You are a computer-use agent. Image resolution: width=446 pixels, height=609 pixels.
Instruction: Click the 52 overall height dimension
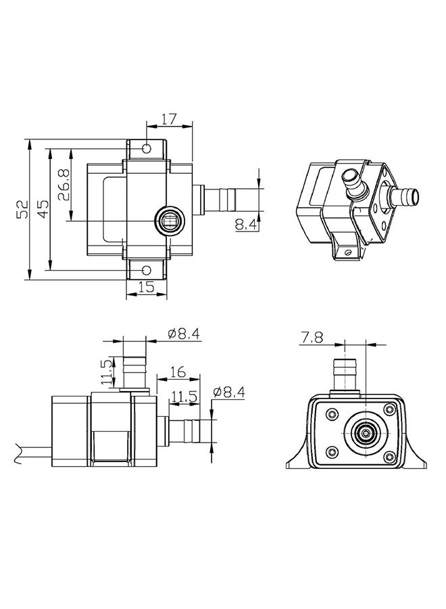point(22,209)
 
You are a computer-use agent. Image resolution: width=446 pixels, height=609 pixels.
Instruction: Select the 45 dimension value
point(43,209)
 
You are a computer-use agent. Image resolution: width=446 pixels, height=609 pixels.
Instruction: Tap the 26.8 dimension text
point(64,185)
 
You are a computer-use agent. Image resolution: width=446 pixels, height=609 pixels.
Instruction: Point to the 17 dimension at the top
point(169,119)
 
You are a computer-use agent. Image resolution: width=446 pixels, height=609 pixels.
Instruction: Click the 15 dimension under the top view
point(147,287)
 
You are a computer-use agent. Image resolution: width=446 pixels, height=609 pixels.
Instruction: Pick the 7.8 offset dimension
point(311,338)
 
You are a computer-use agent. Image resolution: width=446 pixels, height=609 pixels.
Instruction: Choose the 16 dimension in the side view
point(178,372)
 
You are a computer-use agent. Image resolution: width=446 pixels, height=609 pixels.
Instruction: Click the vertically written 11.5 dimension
point(107,371)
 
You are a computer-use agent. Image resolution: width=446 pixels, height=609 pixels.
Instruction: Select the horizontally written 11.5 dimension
point(184,397)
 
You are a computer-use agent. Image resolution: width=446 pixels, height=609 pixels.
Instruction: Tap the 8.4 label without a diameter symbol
point(246,225)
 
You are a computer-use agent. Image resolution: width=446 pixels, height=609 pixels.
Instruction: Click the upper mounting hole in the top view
point(147,148)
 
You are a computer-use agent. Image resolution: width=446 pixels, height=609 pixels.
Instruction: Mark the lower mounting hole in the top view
point(147,270)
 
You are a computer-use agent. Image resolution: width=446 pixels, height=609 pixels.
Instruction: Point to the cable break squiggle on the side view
point(18,453)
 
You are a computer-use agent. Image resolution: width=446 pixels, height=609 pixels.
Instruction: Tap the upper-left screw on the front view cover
point(332,414)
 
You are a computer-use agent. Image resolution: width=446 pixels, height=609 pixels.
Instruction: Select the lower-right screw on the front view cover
point(389,457)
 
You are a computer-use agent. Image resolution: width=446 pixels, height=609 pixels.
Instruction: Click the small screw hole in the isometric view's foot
point(348,252)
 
